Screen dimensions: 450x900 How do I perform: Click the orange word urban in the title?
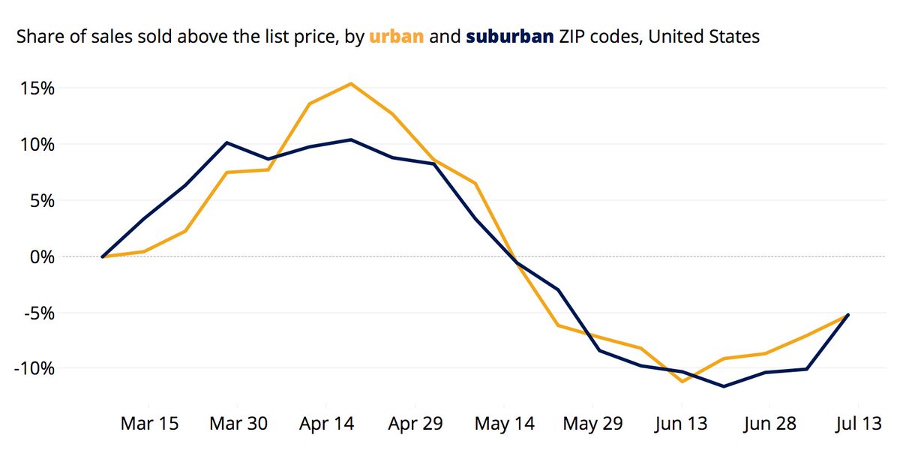point(397,36)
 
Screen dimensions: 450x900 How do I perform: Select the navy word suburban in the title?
point(510,36)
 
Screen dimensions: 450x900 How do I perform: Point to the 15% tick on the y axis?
point(37,88)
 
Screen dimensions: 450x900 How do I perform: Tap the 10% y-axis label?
point(37,145)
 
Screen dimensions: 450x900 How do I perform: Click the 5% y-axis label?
point(42,201)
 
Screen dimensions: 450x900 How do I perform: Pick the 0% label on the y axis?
point(42,256)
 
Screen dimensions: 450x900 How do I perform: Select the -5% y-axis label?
point(39,313)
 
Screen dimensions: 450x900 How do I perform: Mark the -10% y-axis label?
point(35,369)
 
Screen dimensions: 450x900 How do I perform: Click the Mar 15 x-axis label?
point(149,424)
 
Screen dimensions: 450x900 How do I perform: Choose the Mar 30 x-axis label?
point(238,424)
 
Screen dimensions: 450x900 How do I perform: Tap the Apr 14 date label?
point(326,424)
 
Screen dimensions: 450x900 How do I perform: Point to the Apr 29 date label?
point(415,424)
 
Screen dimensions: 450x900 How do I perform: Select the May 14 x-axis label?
point(504,424)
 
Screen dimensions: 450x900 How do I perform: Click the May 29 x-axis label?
point(592,424)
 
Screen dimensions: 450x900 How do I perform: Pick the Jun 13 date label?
point(680,424)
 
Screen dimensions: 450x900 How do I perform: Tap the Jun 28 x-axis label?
point(769,424)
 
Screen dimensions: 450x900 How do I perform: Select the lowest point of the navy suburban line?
point(724,386)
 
